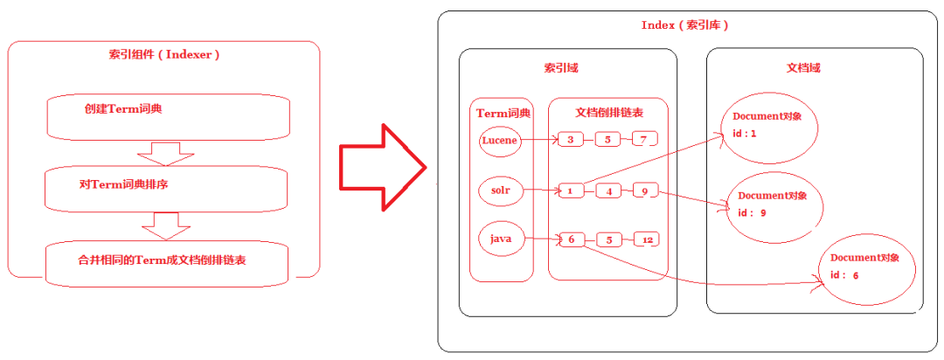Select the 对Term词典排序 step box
(166, 187)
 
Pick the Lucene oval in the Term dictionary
(500, 140)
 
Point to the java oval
(500, 239)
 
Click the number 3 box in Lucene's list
(571, 140)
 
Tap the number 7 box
(644, 140)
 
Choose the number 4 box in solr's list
(608, 190)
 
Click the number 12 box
(647, 239)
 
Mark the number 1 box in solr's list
(570, 190)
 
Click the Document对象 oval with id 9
(774, 206)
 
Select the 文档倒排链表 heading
(609, 113)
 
